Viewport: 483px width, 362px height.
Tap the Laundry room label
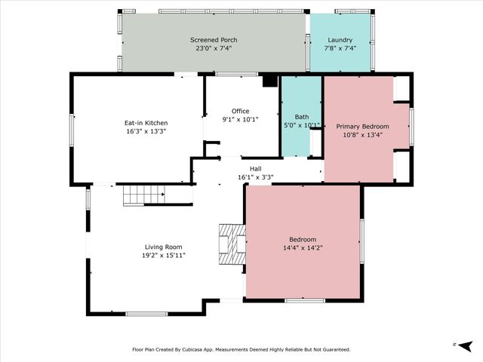click(x=340, y=39)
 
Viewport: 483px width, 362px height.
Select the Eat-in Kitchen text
click(x=146, y=122)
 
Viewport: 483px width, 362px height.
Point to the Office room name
click(x=240, y=111)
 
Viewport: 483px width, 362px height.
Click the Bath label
click(x=301, y=117)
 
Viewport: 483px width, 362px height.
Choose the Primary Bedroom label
click(x=362, y=126)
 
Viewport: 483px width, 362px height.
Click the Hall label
click(x=255, y=169)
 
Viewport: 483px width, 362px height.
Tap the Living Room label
click(x=165, y=247)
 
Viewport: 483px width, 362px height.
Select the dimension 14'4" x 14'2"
click(x=303, y=247)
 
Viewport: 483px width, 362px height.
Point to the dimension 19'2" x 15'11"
click(x=165, y=255)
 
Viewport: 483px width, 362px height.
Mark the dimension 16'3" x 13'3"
click(x=146, y=130)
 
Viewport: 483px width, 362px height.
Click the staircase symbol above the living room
click(x=143, y=195)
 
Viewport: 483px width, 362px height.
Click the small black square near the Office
click(x=269, y=81)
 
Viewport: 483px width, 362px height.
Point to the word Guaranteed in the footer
click(x=333, y=349)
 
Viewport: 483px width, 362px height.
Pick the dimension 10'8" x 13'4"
click(x=362, y=135)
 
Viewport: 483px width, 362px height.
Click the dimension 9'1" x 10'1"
click(x=240, y=119)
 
